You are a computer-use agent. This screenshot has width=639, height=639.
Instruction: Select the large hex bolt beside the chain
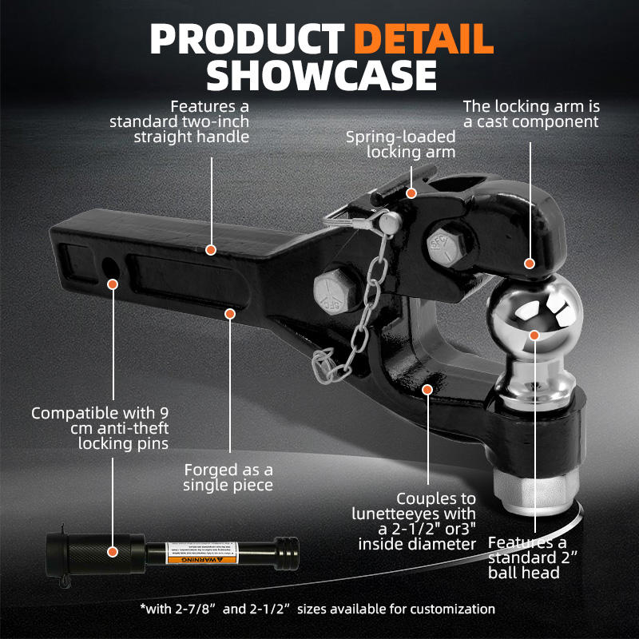tap(335, 293)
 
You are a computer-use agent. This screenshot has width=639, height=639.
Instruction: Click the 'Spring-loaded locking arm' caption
tap(400, 144)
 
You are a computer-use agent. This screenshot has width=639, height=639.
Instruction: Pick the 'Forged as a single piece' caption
tap(228, 477)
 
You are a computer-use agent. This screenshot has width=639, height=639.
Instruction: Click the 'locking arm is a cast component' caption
tap(531, 113)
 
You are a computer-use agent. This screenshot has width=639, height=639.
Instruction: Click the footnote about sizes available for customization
tap(317, 609)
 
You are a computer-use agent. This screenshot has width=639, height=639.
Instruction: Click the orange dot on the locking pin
tap(113, 550)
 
